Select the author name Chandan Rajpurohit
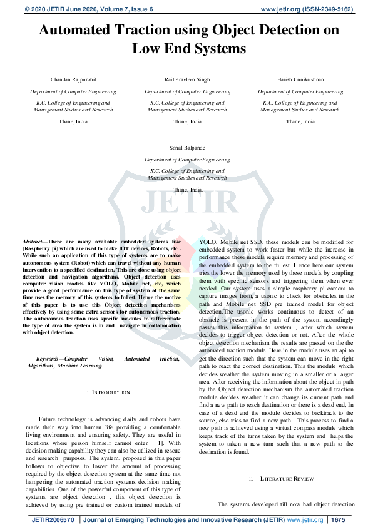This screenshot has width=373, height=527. click(73, 80)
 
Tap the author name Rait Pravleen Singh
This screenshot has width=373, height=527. click(186, 80)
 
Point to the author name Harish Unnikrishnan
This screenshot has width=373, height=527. click(300, 80)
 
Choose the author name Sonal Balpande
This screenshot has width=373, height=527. click(186, 149)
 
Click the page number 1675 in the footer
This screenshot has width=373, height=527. click(338, 520)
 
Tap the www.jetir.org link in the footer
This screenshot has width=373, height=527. click(305, 520)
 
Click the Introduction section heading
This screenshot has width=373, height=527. click(111, 392)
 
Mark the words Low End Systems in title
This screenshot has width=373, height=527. click(186, 48)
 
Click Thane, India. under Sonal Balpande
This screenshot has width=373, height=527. click(187, 189)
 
